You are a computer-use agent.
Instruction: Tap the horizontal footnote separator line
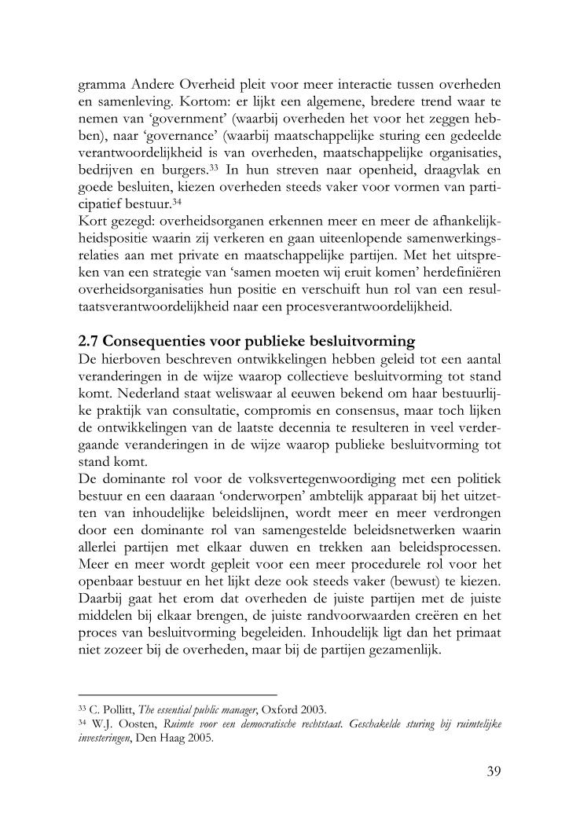pos(178,695)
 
